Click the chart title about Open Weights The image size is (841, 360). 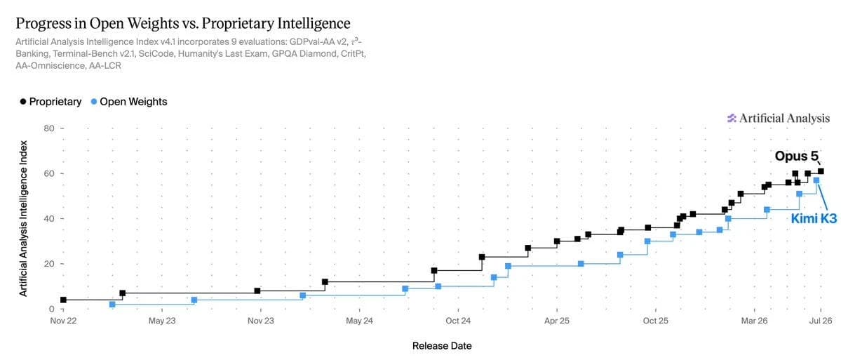(x=183, y=24)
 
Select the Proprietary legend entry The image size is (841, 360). (x=51, y=101)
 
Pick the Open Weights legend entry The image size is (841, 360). (x=129, y=101)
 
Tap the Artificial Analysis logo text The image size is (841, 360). (x=779, y=119)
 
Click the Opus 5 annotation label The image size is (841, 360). (x=797, y=156)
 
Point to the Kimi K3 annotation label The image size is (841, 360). (x=814, y=218)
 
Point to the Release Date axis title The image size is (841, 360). (x=442, y=346)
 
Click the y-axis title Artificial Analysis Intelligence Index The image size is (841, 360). (x=24, y=218)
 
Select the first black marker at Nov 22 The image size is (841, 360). (x=63, y=300)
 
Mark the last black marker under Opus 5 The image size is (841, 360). (x=821, y=171)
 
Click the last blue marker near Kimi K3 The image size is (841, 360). (x=816, y=180)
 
